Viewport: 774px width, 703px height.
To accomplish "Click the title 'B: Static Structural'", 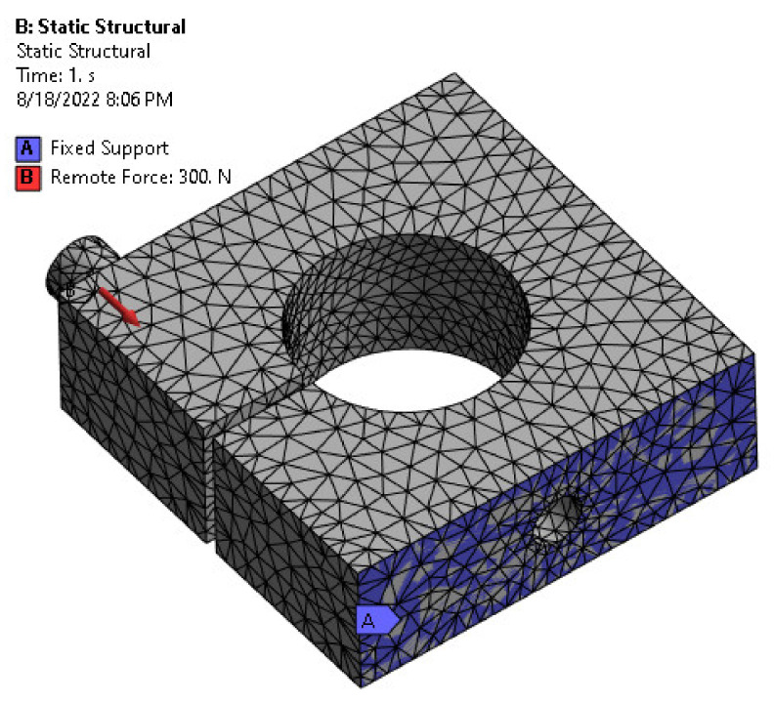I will [100, 26].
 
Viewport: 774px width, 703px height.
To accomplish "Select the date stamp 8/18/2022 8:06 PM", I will [94, 99].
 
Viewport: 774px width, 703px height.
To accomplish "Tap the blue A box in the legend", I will [27, 148].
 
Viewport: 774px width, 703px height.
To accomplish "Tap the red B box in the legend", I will [27, 178].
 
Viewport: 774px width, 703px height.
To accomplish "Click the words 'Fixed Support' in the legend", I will [109, 148].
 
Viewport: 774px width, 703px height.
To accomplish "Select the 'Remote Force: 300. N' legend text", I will [141, 178].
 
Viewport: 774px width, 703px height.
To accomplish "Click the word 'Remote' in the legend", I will [81, 178].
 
